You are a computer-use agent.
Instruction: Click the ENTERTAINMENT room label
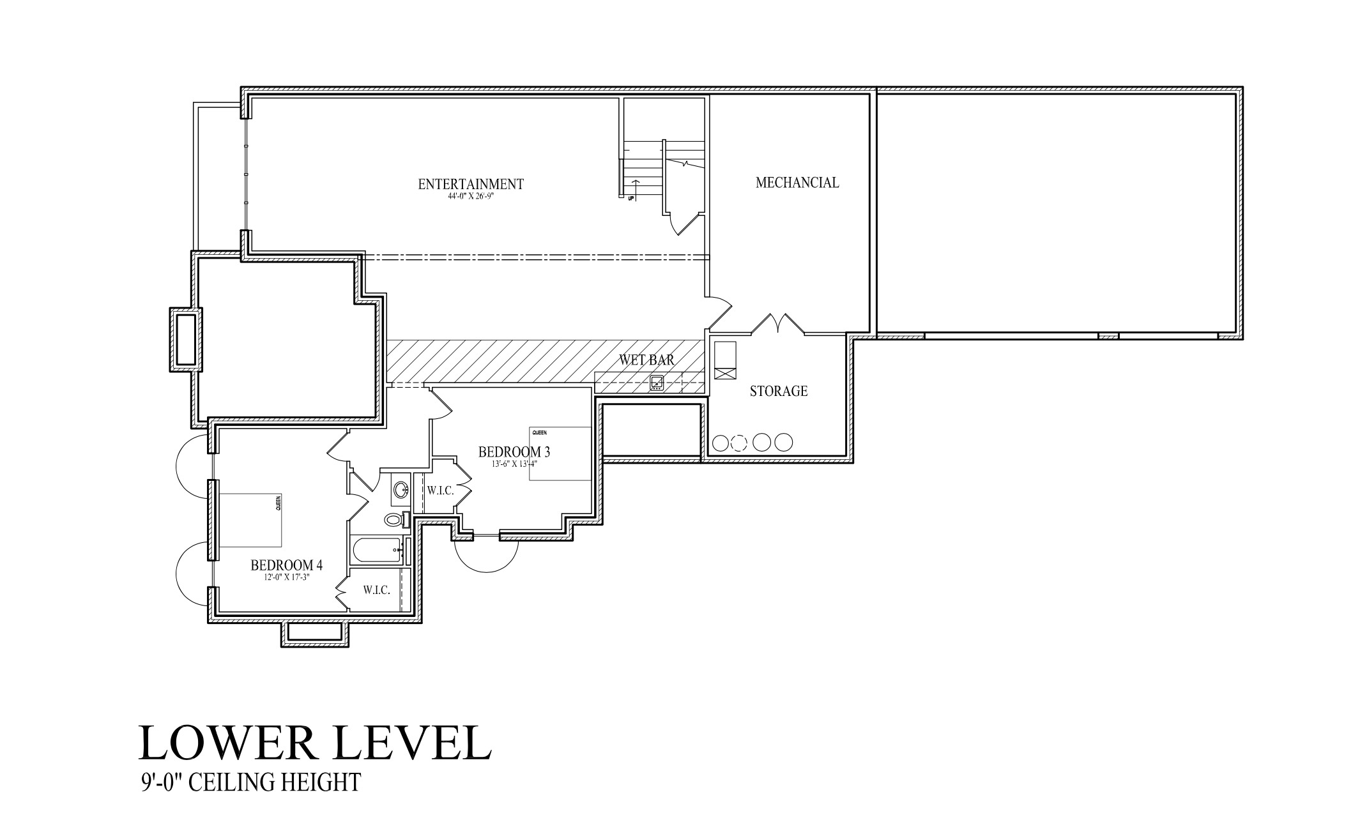471,184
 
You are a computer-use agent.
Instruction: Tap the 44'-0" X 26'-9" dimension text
471,197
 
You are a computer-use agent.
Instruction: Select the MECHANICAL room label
797,183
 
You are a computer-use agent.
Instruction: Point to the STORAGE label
778,391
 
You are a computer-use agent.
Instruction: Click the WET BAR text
646,360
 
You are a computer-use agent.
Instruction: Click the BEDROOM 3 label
514,452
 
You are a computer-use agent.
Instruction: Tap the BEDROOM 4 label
286,565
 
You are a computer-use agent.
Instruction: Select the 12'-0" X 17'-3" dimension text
286,577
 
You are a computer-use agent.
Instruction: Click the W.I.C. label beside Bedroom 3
440,491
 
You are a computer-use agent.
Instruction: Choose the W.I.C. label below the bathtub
376,590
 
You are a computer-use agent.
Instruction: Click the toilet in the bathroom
396,519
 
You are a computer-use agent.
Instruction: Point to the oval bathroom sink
401,490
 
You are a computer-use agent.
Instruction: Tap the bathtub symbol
377,551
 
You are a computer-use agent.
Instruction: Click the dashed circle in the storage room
738,442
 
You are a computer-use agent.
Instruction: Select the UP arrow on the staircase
636,189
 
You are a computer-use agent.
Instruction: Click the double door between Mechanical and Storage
777,324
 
